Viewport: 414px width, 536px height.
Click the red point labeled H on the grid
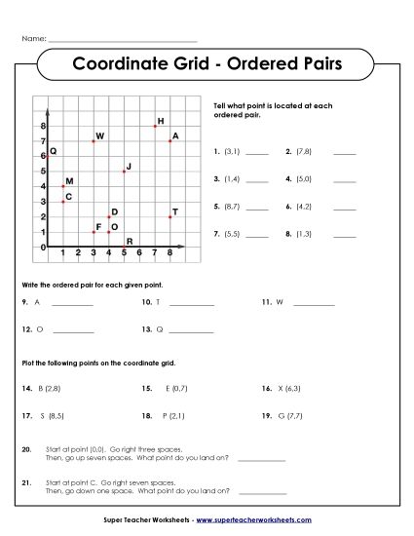pyautogui.click(x=155, y=126)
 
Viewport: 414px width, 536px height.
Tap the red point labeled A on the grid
pyautogui.click(x=170, y=141)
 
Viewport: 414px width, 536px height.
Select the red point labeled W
pyautogui.click(x=94, y=141)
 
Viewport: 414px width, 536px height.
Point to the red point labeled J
pyautogui.click(x=124, y=172)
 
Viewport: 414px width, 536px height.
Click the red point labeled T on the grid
pyautogui.click(x=170, y=217)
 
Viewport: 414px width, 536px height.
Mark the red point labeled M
pyautogui.click(x=63, y=186)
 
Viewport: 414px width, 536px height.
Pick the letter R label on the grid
pyautogui.click(x=130, y=240)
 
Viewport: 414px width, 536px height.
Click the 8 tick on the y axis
pyautogui.click(x=43, y=127)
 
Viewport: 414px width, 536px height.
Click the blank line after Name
pyautogui.click(x=122, y=39)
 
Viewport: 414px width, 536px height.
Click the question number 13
pyautogui.click(x=145, y=330)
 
